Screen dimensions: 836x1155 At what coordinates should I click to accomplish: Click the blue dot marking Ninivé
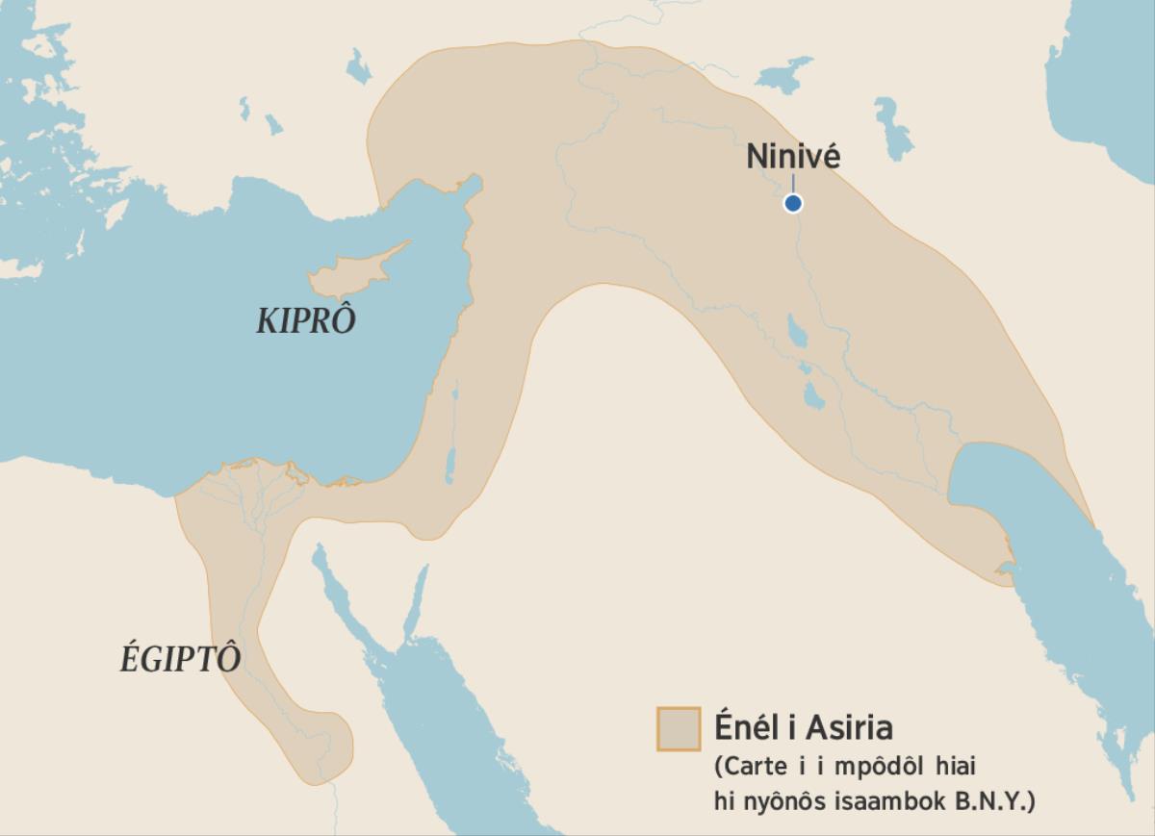point(792,203)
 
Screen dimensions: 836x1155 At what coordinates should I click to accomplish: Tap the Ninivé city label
point(793,157)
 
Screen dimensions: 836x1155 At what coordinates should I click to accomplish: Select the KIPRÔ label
point(305,321)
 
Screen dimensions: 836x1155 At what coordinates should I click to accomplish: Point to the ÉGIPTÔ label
point(180,659)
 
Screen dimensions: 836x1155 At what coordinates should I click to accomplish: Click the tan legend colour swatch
point(678,728)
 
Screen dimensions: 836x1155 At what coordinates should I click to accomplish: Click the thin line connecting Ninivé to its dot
point(792,184)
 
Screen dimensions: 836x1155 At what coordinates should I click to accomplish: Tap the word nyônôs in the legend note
point(784,800)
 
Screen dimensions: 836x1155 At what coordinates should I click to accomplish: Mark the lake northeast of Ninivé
point(895,129)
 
